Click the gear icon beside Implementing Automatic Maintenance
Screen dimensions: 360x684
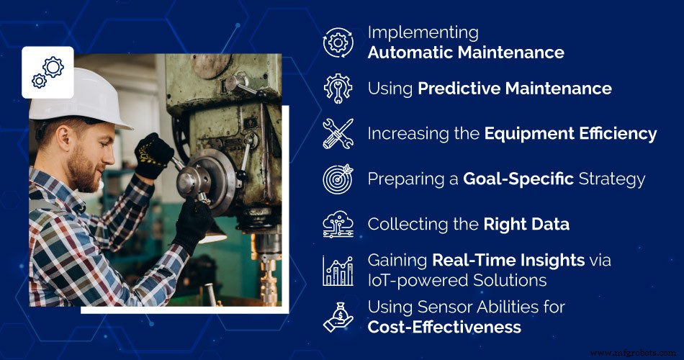tap(338, 43)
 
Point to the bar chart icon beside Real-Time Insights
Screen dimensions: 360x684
tap(338, 271)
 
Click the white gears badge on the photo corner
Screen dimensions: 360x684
tap(48, 72)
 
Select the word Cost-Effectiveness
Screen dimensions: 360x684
tap(444, 327)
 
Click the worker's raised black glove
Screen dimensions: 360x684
tap(153, 155)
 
